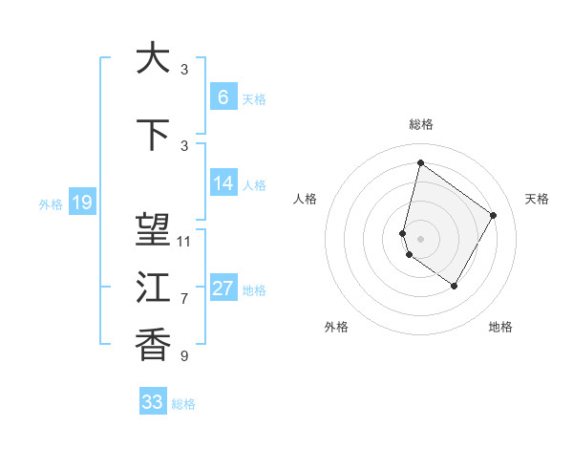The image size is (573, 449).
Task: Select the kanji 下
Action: click(153, 136)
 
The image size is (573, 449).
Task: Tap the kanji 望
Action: click(153, 229)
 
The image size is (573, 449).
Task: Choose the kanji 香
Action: click(153, 343)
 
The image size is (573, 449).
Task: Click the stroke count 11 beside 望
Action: click(184, 242)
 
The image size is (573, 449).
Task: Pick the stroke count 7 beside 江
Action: click(184, 299)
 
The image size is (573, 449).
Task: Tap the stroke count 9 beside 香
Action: click(184, 356)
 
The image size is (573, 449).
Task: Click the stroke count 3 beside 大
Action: click(184, 70)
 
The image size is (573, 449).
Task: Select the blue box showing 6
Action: click(223, 97)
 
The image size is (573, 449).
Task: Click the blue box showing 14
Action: click(223, 183)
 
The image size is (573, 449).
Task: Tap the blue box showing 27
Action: click(223, 289)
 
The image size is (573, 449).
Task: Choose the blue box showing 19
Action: click(82, 203)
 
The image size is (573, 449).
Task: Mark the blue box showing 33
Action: click(152, 402)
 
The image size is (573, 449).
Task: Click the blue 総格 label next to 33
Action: click(183, 404)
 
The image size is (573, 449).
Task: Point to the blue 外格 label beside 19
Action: click(51, 204)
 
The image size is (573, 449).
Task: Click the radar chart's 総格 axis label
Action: click(420, 125)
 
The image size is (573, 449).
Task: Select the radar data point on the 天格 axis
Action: click(494, 215)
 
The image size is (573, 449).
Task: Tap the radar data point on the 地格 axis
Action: click(455, 287)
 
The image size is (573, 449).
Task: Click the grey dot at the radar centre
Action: click(420, 238)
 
